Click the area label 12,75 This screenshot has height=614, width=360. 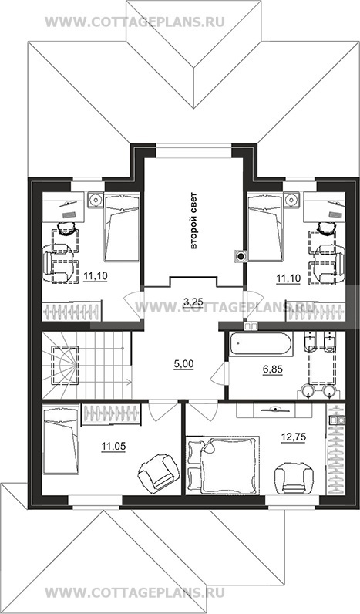point(294,437)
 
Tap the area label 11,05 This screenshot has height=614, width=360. point(113,446)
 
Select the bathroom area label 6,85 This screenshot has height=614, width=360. point(272,369)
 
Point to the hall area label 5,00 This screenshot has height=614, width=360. point(183,364)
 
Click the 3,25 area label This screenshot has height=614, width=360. point(192,301)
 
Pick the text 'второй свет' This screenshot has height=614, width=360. point(193,221)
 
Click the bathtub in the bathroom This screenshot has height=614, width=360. point(261,344)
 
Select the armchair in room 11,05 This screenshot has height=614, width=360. point(156,471)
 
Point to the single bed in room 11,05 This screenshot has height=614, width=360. point(61,440)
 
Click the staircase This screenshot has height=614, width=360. point(86,365)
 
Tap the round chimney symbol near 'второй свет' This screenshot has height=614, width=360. point(241,257)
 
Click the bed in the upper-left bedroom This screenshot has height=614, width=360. point(122,227)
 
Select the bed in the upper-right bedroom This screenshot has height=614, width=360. point(265,227)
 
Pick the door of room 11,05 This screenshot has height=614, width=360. point(160,411)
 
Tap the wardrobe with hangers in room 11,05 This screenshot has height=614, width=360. point(111,414)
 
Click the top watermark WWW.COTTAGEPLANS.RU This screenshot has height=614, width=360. point(135,22)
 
